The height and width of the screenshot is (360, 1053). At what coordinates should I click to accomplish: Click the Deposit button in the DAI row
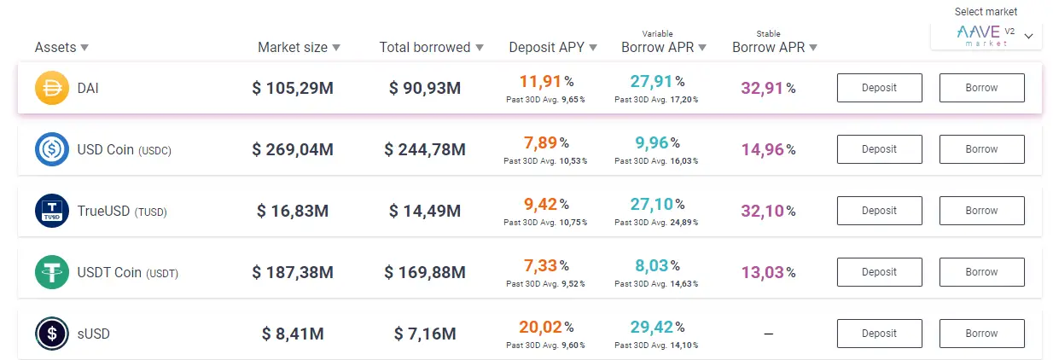pos(879,88)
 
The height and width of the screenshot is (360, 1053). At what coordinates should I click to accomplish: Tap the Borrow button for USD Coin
pos(981,149)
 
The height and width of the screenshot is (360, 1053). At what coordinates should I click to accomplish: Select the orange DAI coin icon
pos(51,89)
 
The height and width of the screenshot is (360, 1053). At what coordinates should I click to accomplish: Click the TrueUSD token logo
pos(51,211)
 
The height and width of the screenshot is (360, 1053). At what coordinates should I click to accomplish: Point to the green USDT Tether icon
pos(51,272)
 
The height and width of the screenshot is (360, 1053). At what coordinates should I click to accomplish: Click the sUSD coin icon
pos(51,334)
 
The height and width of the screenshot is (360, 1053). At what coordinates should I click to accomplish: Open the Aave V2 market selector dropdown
pos(986,36)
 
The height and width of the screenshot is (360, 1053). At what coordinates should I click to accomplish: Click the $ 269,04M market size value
pos(293,150)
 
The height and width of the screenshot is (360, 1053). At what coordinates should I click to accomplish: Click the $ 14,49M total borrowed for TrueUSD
pos(425,211)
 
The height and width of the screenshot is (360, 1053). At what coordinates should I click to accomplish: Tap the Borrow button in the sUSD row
pos(981,334)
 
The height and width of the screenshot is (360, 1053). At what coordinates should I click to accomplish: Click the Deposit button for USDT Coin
pos(879,272)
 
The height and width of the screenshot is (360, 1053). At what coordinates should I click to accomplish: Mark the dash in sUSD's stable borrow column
pos(768,334)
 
